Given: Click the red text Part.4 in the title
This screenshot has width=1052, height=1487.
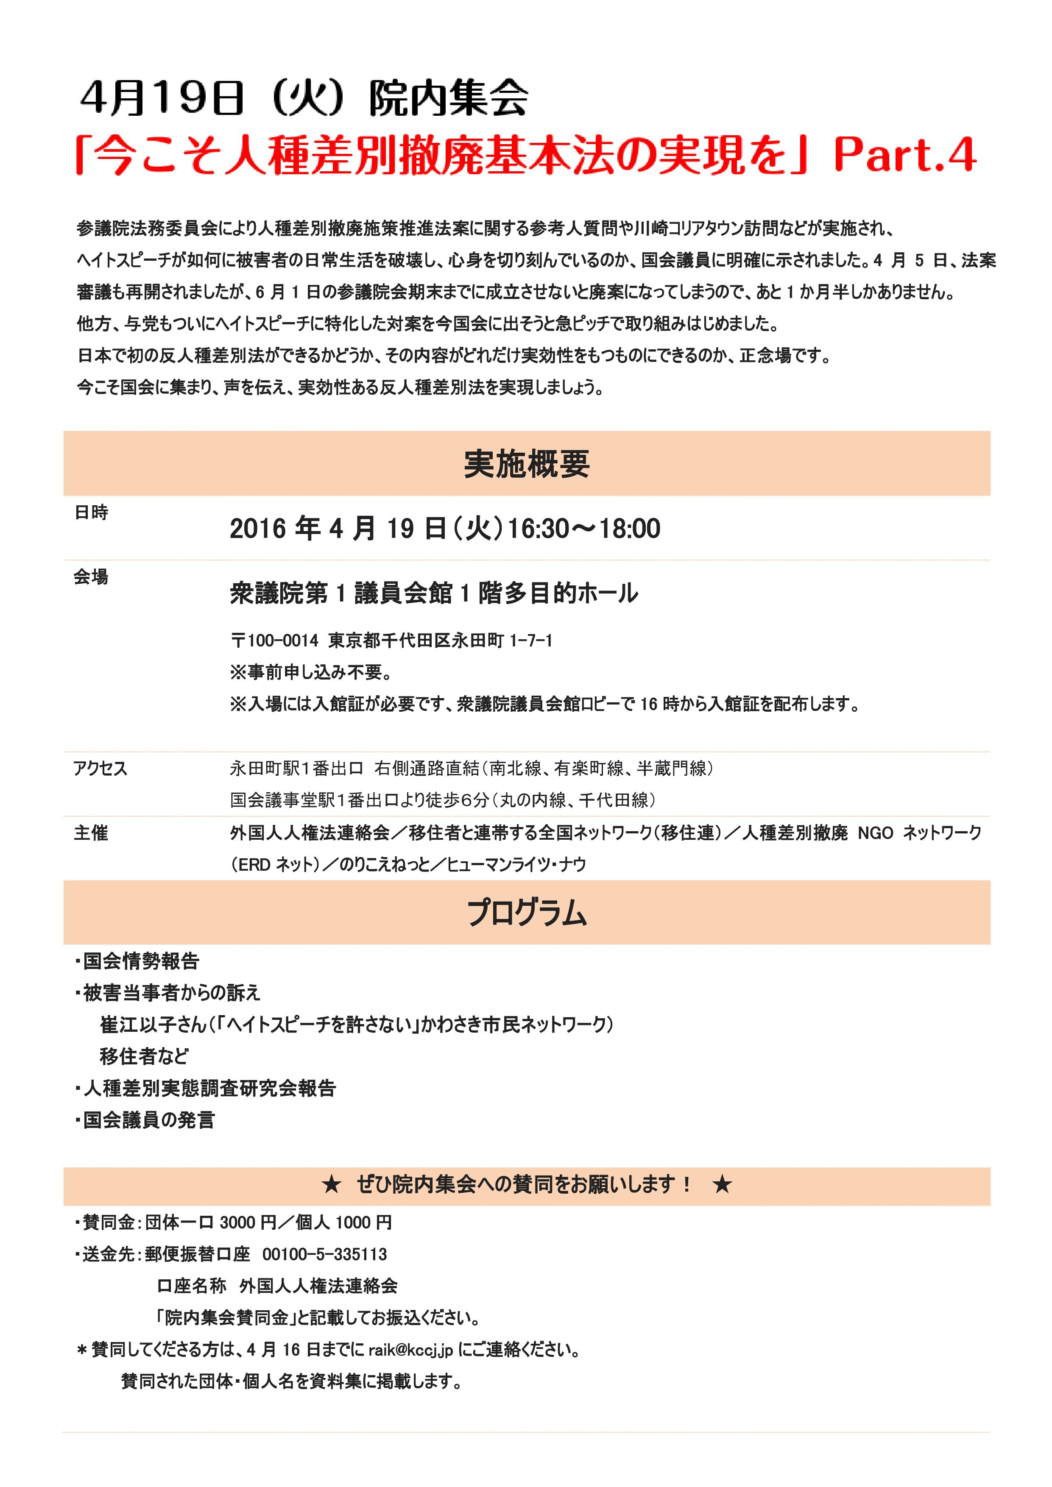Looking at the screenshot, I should click(x=904, y=156).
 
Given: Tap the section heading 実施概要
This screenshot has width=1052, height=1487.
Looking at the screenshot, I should click(x=526, y=464).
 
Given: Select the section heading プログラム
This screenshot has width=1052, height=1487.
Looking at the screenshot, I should click(x=526, y=913).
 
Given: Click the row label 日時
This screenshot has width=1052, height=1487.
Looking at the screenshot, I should click(x=91, y=512).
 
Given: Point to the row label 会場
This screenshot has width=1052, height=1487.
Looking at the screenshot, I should click(x=91, y=576).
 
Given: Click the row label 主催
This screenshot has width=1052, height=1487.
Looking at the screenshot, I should click(x=91, y=833).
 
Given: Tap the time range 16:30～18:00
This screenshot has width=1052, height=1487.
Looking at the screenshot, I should click(x=583, y=529).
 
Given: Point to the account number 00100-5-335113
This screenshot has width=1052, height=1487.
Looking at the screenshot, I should click(x=324, y=1254).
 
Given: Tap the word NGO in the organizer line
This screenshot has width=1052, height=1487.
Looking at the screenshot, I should click(x=875, y=833).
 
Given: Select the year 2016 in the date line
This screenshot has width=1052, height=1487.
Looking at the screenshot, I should click(x=258, y=529).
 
